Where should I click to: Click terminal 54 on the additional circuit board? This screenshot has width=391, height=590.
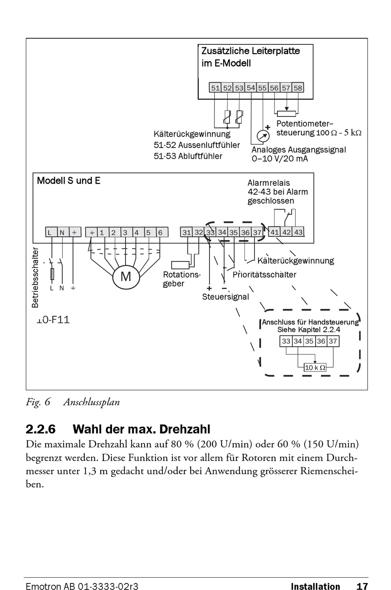tap(251, 88)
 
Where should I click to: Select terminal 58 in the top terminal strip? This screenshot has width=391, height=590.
tap(298, 88)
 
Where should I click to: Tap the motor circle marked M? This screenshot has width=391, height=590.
tap(126, 277)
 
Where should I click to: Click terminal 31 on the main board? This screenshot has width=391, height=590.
tap(187, 232)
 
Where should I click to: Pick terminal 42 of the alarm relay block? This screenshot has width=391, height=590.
tap(286, 232)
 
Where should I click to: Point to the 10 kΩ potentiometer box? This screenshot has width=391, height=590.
tap(315, 367)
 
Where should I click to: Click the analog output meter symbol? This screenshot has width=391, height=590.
tap(263, 136)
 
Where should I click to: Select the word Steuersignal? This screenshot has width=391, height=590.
tap(226, 297)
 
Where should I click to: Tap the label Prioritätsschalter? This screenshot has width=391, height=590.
tap(265, 275)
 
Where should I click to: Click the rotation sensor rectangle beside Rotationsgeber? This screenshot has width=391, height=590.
tap(180, 265)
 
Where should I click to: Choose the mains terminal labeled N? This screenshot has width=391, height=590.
tap(62, 232)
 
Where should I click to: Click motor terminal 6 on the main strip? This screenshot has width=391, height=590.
tap(161, 233)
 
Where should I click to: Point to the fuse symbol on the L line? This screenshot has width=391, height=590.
tap(52, 274)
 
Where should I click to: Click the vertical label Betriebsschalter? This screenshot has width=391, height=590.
tap(35, 278)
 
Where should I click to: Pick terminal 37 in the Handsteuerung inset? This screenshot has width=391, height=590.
tap(333, 341)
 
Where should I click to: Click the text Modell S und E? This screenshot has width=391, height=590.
tap(69, 180)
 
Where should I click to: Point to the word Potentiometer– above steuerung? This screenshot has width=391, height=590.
tap(305, 124)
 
